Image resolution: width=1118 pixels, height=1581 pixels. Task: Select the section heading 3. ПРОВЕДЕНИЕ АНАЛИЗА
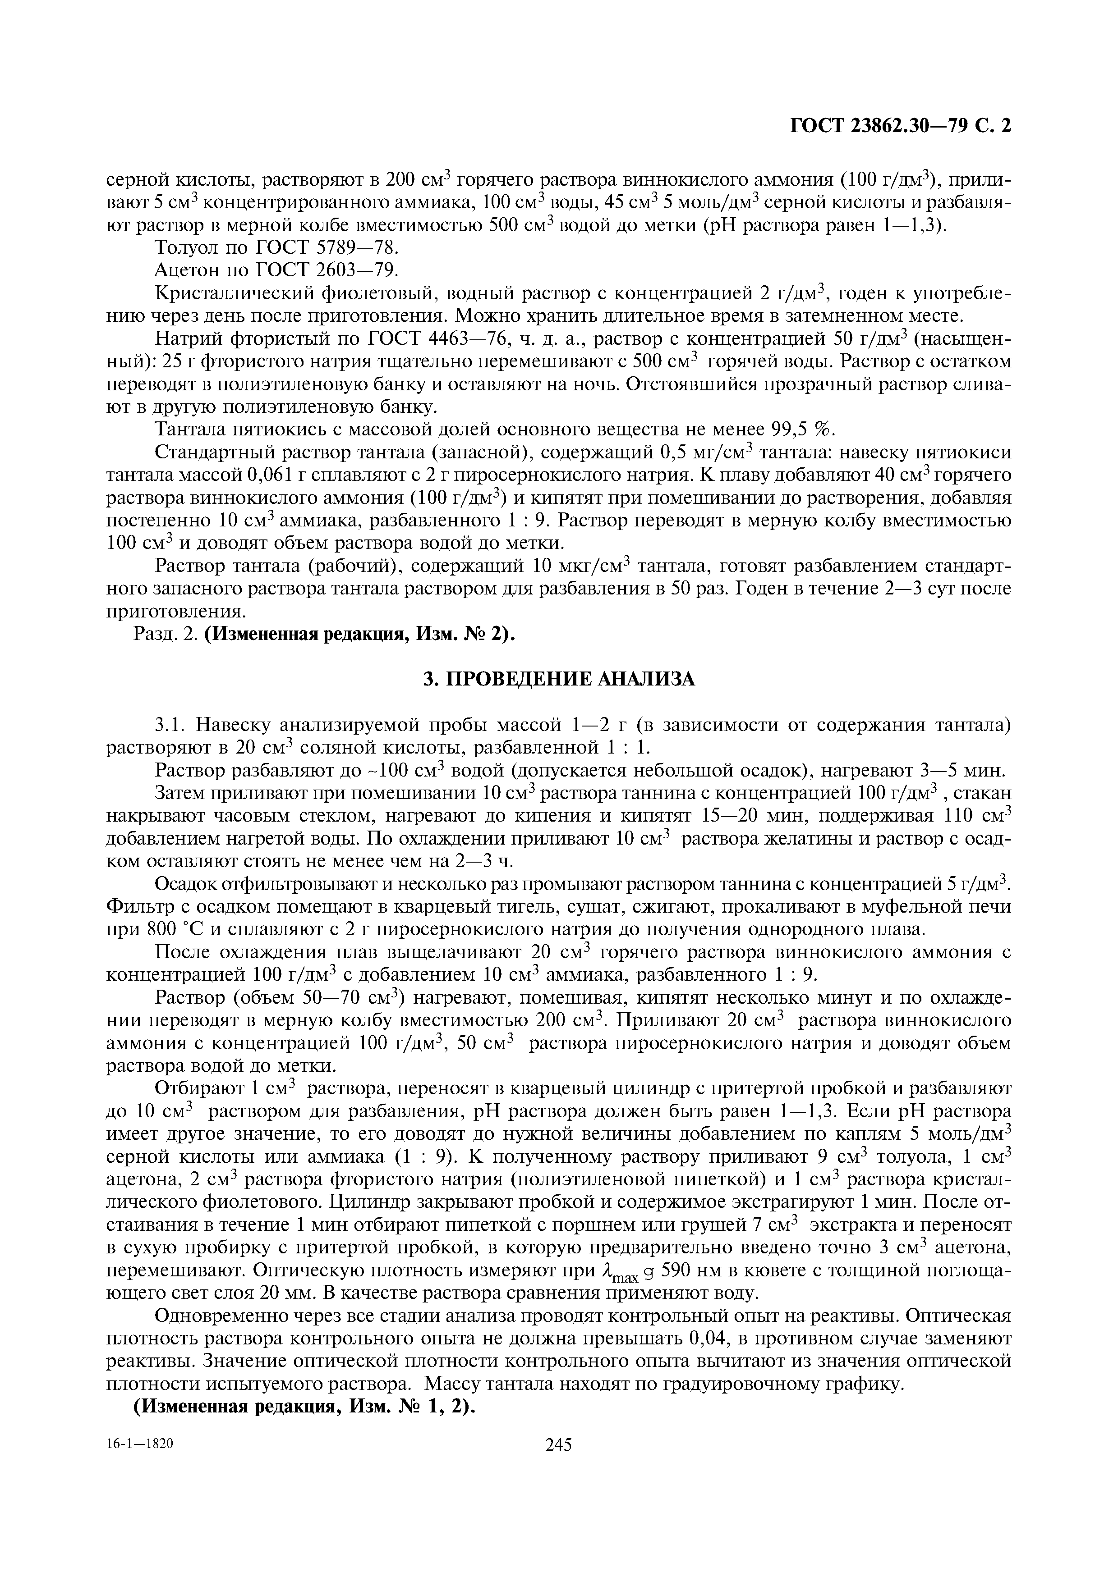[559, 679]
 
